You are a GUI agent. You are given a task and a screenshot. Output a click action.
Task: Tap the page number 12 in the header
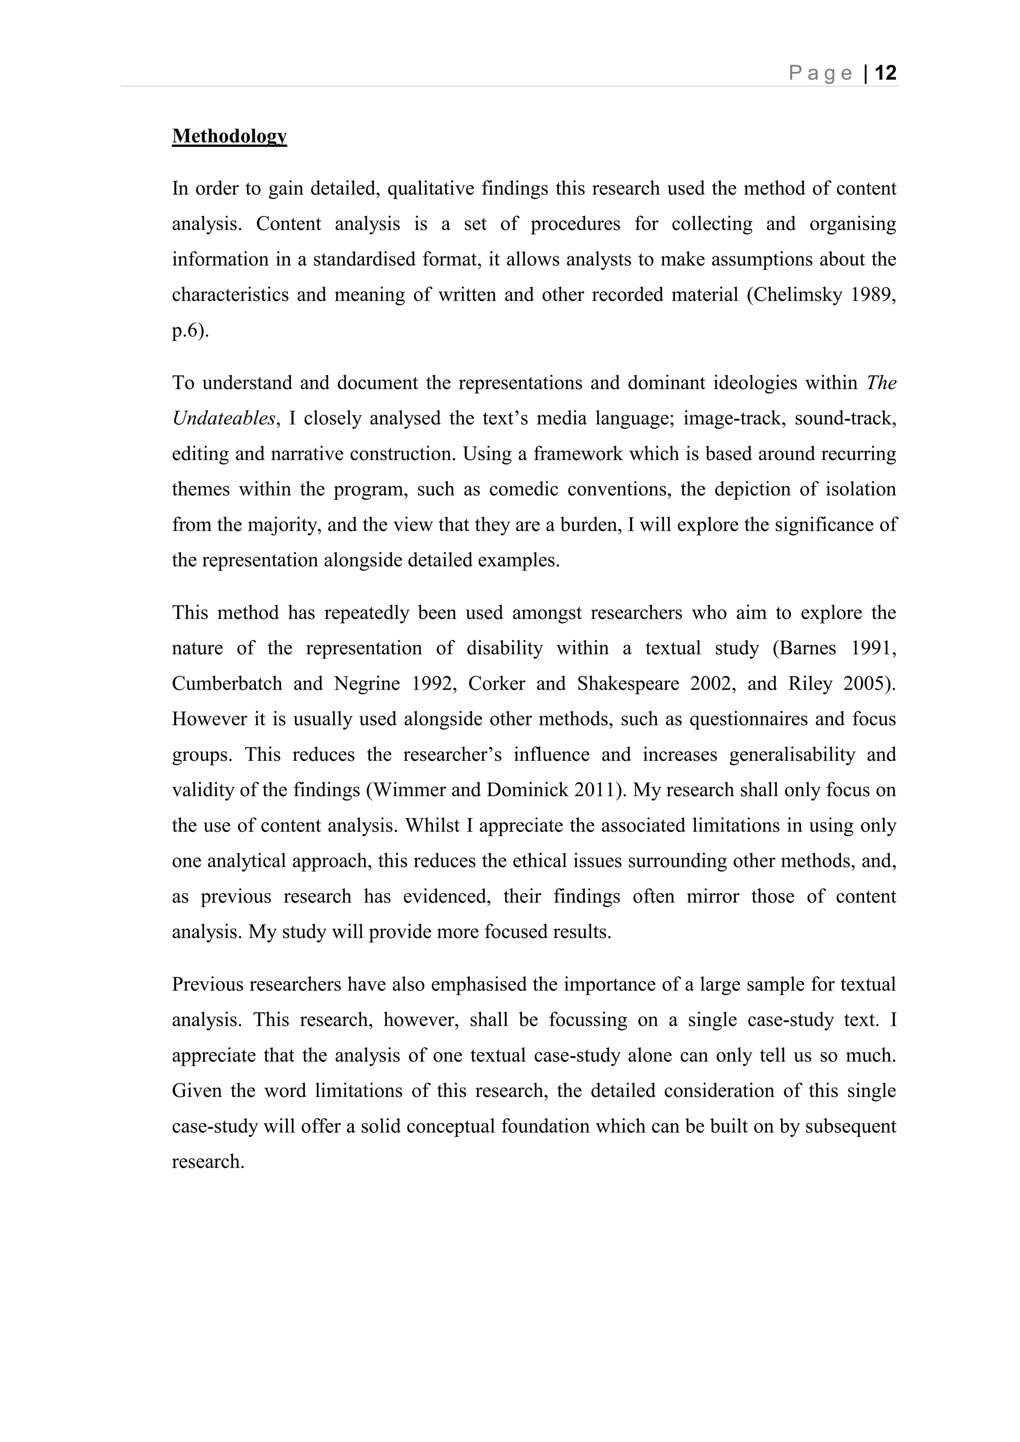click(x=886, y=74)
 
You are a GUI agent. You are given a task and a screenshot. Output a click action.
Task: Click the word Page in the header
click(x=821, y=74)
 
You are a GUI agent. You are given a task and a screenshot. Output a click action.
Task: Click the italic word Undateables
click(x=224, y=418)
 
